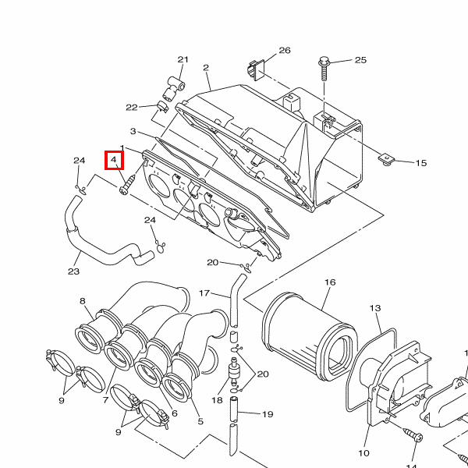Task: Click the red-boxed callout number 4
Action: tap(113, 160)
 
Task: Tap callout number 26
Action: tap(285, 51)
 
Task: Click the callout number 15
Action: tap(421, 163)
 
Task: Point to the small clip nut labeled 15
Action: tap(386, 159)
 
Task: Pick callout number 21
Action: tap(183, 60)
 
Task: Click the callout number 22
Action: tap(132, 108)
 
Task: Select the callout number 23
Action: tap(74, 271)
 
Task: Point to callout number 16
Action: tap(330, 282)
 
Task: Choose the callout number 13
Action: tap(375, 308)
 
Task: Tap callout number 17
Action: tap(204, 293)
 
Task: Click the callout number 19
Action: tap(268, 414)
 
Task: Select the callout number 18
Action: tap(217, 400)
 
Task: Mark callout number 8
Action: tap(83, 301)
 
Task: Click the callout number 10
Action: tap(363, 453)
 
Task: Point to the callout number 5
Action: tap(200, 421)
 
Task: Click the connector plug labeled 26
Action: tap(256, 69)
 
